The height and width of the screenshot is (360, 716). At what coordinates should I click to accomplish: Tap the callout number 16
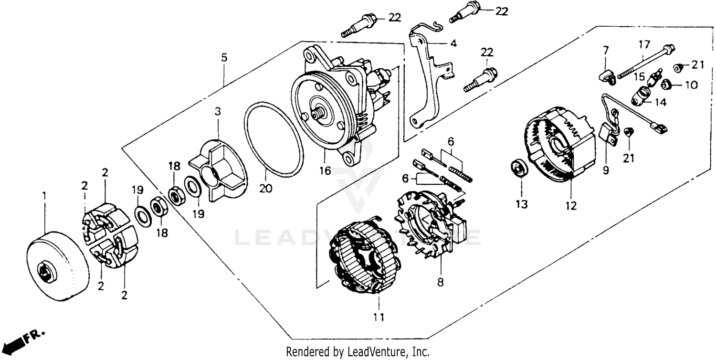[x=325, y=170]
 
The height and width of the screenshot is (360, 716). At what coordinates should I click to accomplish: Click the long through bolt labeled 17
[x=644, y=62]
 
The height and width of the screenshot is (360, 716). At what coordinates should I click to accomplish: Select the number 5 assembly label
[x=224, y=58]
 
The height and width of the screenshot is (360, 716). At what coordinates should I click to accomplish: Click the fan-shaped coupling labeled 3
[x=217, y=165]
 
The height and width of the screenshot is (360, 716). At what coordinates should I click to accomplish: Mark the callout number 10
[x=691, y=85]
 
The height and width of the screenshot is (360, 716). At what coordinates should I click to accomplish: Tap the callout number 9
[x=606, y=170]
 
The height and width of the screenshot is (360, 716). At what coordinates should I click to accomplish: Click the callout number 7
[x=606, y=50]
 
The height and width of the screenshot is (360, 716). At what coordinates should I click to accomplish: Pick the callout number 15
[x=639, y=76]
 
